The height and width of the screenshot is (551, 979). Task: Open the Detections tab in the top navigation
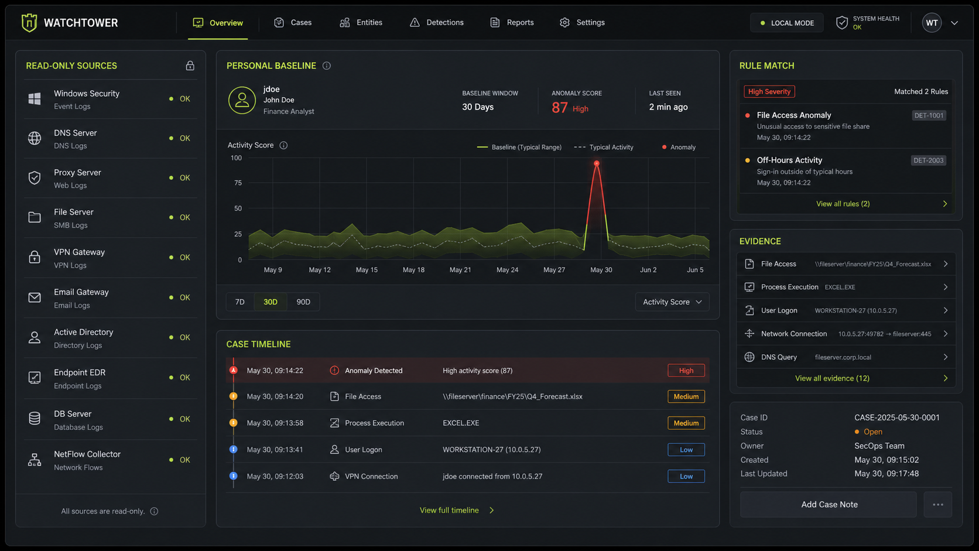click(437, 22)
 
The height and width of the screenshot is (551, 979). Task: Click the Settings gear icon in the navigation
click(564, 22)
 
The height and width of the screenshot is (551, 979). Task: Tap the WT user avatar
click(932, 23)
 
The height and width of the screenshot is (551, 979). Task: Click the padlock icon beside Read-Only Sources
click(190, 66)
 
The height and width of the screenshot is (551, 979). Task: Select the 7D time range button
click(240, 302)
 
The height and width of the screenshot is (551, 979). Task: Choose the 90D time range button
click(303, 302)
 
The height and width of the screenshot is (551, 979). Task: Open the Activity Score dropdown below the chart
click(672, 302)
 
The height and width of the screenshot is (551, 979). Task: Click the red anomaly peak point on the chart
click(597, 163)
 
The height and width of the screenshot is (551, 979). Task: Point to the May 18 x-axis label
click(413, 270)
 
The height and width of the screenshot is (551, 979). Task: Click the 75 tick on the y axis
click(238, 183)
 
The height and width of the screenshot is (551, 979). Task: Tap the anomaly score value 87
click(559, 108)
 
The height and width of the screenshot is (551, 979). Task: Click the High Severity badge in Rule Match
click(769, 91)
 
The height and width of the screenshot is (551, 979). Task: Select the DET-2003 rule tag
click(929, 160)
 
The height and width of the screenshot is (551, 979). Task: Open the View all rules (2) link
click(843, 204)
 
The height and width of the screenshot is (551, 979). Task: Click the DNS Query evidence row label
click(779, 357)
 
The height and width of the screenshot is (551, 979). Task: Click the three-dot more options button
click(938, 504)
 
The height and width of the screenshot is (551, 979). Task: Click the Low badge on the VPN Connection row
click(686, 476)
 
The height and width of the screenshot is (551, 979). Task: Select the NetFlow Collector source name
click(87, 454)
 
